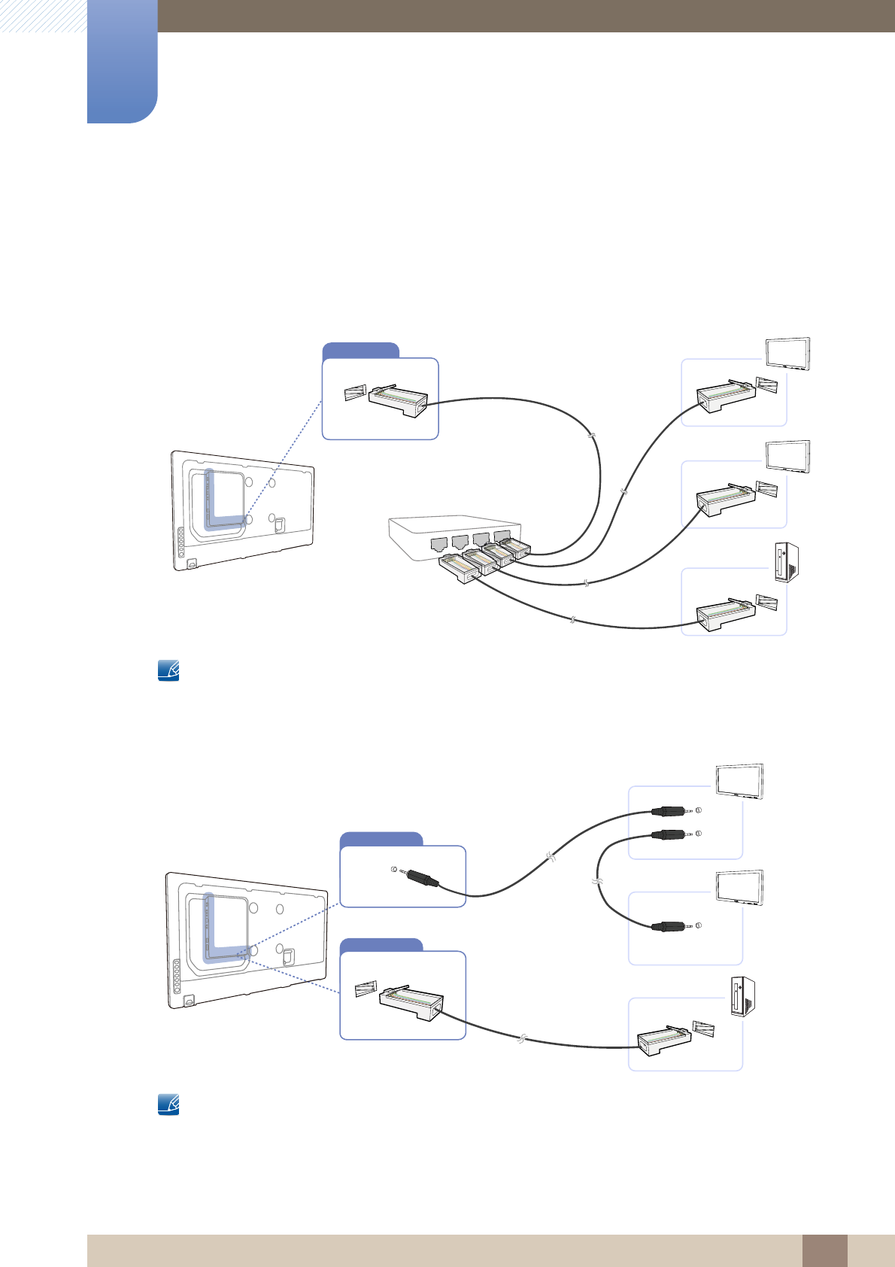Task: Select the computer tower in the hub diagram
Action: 786,564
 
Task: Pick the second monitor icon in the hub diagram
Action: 787,457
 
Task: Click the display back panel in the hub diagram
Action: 242,509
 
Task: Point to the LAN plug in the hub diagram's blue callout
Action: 397,400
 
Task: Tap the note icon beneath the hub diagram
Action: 168,670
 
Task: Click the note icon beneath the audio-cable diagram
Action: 168,1104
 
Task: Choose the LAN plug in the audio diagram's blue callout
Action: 411,1003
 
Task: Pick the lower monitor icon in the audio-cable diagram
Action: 740,888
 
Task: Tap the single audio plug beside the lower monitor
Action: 671,926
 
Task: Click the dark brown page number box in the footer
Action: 824,1250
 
